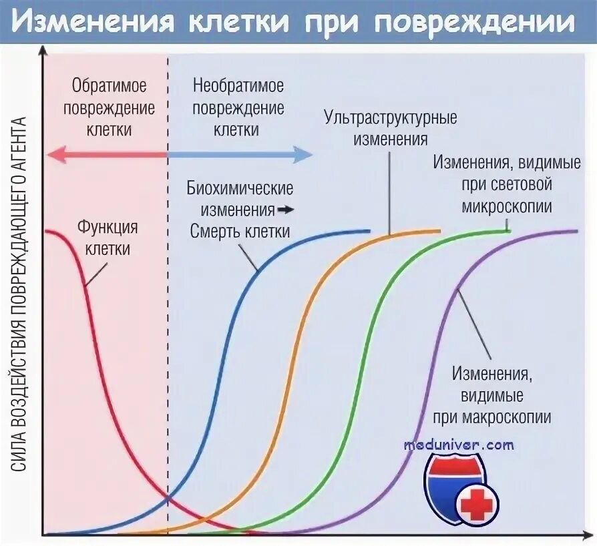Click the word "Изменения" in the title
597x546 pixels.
click(x=94, y=23)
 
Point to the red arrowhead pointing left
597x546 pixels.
click(x=53, y=154)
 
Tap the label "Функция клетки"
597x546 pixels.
click(x=108, y=238)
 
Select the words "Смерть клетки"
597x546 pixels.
click(x=240, y=232)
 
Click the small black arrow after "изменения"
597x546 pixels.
click(x=286, y=210)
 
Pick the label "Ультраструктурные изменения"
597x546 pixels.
click(x=391, y=129)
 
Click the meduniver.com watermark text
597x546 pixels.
click(x=459, y=444)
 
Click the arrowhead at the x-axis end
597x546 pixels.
click(x=591, y=534)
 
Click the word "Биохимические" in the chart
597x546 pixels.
click(x=240, y=189)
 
